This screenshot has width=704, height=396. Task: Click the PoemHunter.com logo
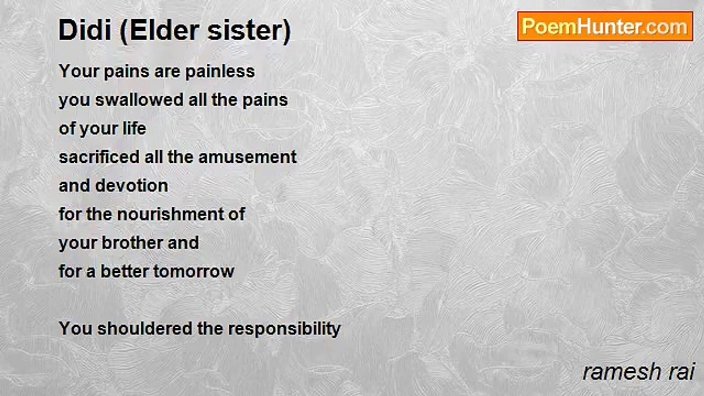605,26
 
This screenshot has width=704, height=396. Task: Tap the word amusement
248,157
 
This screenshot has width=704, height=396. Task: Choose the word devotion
131,186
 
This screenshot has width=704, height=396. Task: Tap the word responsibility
284,329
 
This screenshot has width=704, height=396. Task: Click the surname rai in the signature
682,372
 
